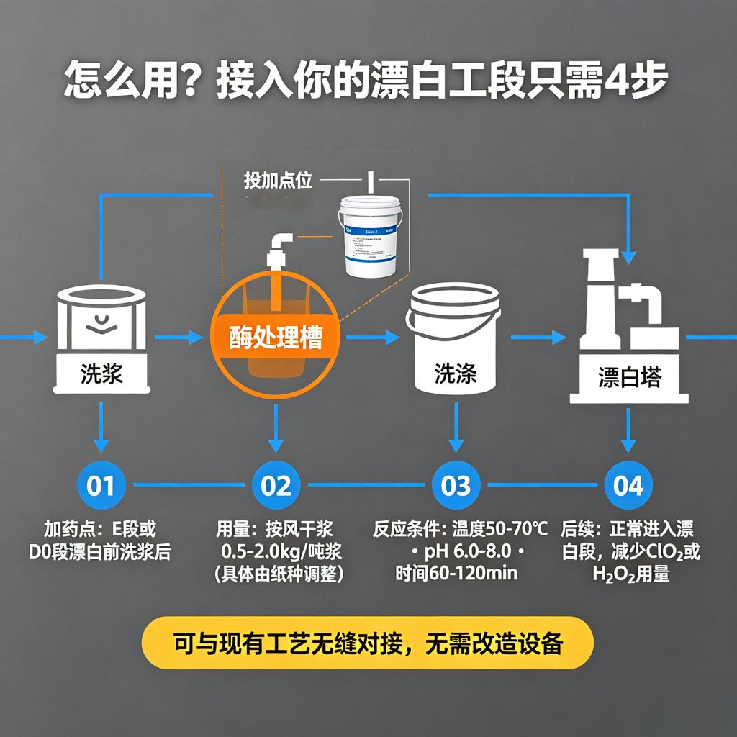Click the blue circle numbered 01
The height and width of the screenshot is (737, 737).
pyautogui.click(x=101, y=486)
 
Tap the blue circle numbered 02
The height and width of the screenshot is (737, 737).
pyautogui.click(x=276, y=486)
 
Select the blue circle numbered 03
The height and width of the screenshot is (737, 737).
pyautogui.click(x=456, y=486)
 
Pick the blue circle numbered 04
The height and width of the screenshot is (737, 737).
pyautogui.click(x=628, y=486)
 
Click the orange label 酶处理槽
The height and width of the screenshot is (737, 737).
pyautogui.click(x=276, y=338)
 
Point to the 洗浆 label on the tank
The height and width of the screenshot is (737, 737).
pyautogui.click(x=101, y=374)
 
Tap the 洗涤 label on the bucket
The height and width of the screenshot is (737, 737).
pyautogui.click(x=455, y=374)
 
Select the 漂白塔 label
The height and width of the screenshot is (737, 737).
pyautogui.click(x=629, y=377)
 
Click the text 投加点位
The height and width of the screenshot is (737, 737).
pyautogui.click(x=278, y=181)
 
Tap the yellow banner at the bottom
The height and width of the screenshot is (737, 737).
pyautogui.click(x=368, y=643)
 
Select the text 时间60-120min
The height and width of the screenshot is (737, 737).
pyautogui.click(x=456, y=574)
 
